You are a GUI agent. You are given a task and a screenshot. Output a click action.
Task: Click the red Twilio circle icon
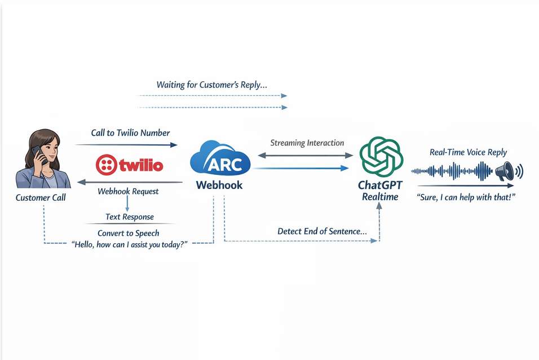pos(106,165)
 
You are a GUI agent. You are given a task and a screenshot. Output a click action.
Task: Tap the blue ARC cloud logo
pos(220,159)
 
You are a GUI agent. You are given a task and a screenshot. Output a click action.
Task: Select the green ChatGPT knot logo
pos(381,157)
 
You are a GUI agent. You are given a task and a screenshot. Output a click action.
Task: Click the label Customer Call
pos(41,197)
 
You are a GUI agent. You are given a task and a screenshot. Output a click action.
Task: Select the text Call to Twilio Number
pos(130,133)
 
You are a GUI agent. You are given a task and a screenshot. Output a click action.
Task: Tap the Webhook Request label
pos(128,191)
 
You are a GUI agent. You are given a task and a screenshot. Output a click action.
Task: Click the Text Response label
pos(130,217)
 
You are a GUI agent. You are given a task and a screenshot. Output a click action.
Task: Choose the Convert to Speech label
pos(129,234)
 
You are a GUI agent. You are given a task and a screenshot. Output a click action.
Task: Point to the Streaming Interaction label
pos(307,143)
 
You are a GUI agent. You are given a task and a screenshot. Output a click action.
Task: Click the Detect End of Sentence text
pos(322,231)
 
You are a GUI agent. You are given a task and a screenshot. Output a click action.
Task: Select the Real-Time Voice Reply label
pos(468,152)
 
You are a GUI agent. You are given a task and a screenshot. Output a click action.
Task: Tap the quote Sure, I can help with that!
pos(466,197)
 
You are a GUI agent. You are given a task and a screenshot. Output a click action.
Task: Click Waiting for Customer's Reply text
pos(212,85)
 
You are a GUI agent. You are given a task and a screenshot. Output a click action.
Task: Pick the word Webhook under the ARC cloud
pos(219,185)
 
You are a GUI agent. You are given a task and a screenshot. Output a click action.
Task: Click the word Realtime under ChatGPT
pos(380,197)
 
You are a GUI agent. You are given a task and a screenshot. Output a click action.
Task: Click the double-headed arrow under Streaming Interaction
pos(306,155)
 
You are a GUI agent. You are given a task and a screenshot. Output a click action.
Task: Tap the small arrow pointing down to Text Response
pos(127,204)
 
